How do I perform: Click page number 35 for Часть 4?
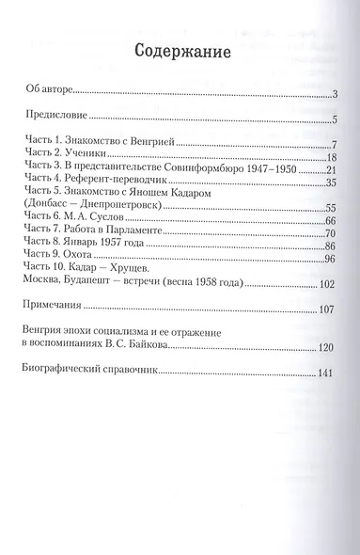pyautogui.click(x=331, y=182)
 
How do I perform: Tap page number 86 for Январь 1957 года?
pyautogui.click(x=331, y=247)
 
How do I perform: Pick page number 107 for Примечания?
pyautogui.click(x=328, y=309)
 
